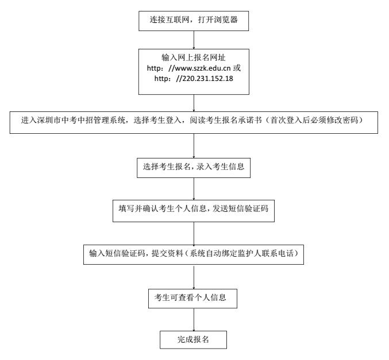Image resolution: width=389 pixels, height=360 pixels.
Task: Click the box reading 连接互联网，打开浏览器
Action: click(194, 21)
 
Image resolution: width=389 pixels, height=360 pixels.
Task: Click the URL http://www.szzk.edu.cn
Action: click(189, 68)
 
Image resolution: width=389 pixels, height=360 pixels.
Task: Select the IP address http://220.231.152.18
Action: click(194, 79)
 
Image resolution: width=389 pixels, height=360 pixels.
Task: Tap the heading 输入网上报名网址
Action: click(194, 57)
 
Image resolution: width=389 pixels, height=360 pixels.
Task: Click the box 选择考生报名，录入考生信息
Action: click(194, 168)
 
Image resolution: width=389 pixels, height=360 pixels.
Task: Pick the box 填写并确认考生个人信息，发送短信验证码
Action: click(194, 211)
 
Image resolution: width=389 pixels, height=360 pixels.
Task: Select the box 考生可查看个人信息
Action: click(192, 299)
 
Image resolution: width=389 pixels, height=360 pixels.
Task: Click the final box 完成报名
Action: click(193, 340)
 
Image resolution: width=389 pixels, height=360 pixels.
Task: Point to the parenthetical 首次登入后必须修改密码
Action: click(314, 120)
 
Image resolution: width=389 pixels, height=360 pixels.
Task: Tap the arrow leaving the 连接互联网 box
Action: click(194, 40)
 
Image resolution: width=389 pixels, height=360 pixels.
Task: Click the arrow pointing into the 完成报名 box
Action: click(194, 320)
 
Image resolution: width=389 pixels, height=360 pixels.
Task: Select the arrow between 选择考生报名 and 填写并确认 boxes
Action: click(194, 189)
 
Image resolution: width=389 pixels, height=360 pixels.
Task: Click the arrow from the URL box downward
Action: click(194, 103)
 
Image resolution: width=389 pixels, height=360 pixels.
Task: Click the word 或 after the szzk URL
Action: click(237, 68)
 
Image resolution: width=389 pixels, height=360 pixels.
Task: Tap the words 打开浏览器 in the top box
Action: click(218, 20)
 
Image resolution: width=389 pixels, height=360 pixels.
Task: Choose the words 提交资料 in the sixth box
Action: click(167, 253)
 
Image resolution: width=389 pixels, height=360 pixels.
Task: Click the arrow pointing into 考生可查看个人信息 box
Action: click(194, 277)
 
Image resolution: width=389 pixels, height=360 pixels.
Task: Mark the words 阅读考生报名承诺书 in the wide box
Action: click(225, 120)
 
